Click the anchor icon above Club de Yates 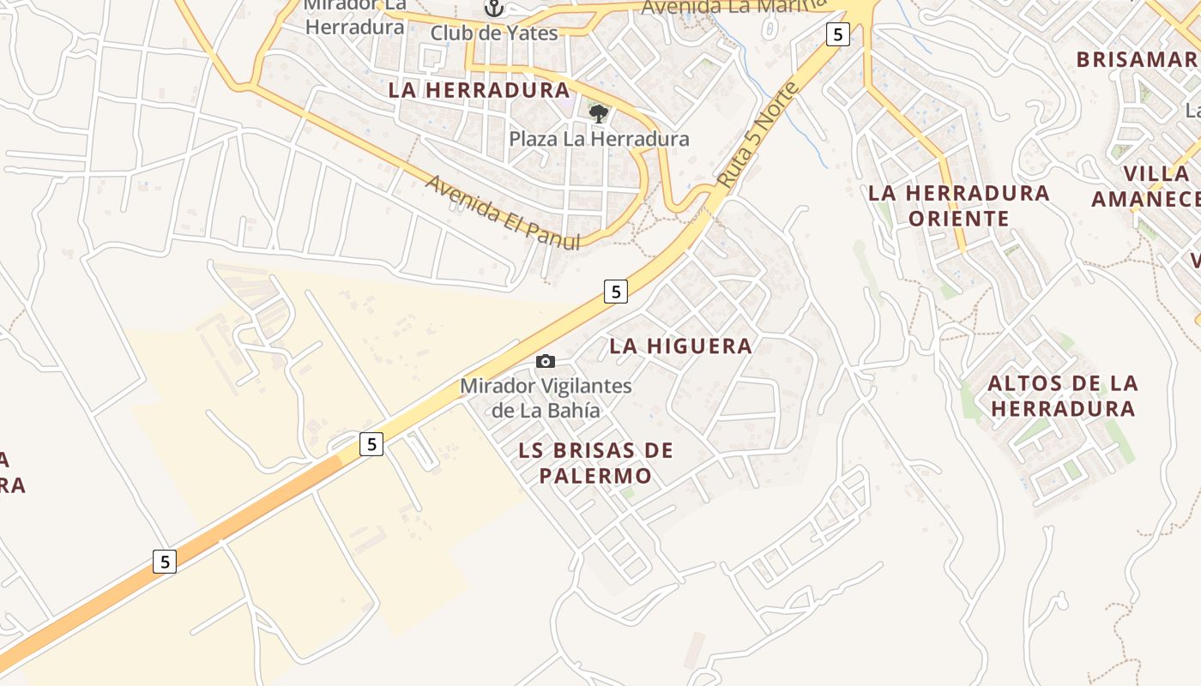point(493,9)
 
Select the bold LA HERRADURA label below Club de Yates point(479,90)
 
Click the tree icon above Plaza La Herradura point(599,112)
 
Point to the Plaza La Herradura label point(599,139)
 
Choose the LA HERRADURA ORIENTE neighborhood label point(958,205)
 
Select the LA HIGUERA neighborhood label point(680,346)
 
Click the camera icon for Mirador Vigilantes point(546,362)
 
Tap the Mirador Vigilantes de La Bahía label point(546,398)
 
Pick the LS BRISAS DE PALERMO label point(596,463)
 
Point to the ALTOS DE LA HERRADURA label point(1062,395)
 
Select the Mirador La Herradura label point(354,17)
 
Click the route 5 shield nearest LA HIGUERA point(615,292)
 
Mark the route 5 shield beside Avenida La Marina point(837,34)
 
